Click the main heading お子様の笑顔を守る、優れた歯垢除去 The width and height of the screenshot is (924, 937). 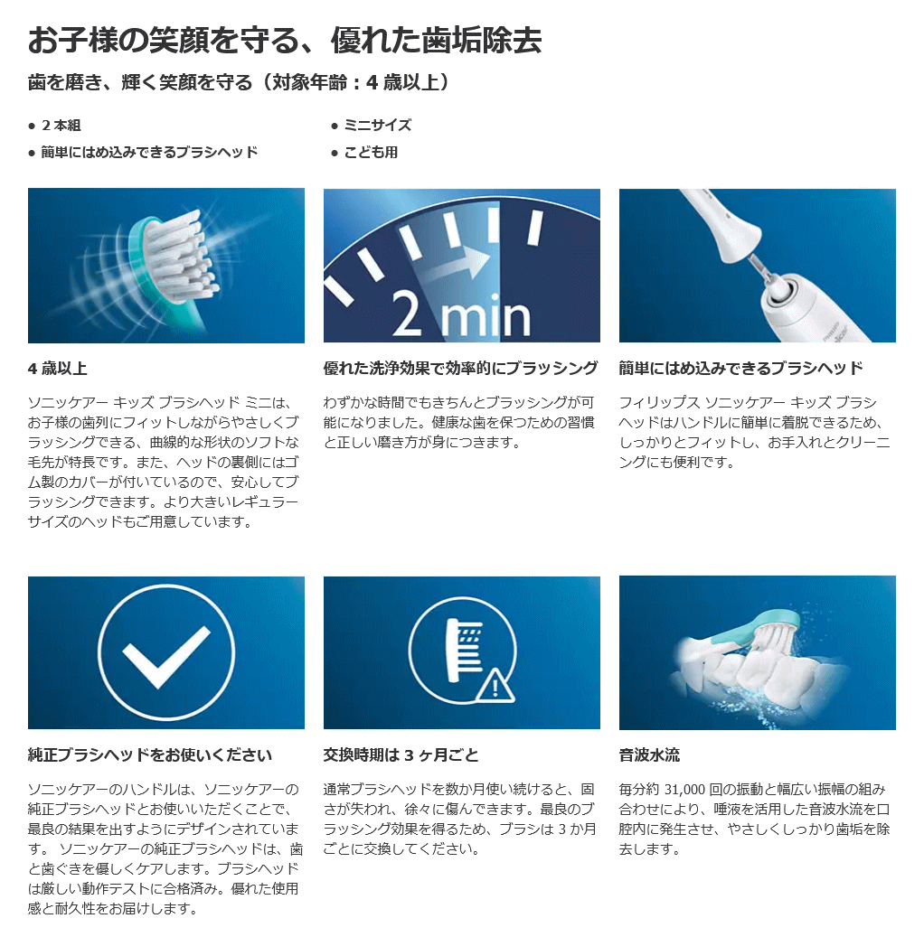click(x=285, y=41)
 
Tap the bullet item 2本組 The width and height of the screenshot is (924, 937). click(x=61, y=126)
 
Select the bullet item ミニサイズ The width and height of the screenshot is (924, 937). click(x=377, y=126)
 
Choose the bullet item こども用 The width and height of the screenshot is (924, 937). click(x=371, y=153)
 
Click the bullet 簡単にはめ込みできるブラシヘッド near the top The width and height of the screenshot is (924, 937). click(x=149, y=153)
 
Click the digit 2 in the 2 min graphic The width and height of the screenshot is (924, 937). click(x=407, y=314)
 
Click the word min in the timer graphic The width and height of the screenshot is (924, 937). click(x=486, y=317)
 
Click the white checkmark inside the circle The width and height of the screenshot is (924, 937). click(x=166, y=656)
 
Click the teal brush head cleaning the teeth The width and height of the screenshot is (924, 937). click(x=770, y=627)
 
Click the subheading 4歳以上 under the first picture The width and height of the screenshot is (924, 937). click(x=58, y=368)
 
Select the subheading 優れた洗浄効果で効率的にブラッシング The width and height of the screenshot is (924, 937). click(x=460, y=368)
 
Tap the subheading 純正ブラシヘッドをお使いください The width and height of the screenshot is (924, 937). click(x=149, y=754)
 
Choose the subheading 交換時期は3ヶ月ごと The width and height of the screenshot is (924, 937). click(x=401, y=754)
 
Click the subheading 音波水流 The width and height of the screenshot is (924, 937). click(x=649, y=754)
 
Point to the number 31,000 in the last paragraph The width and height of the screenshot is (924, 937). click(x=684, y=790)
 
